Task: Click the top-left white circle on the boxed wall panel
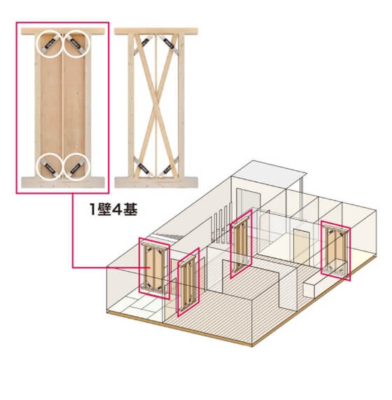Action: (36, 44)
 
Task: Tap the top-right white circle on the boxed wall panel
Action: (89, 44)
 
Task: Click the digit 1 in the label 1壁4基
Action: (93, 209)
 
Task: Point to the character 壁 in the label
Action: (104, 209)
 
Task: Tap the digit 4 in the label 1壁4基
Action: (117, 209)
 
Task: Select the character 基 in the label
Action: (130, 209)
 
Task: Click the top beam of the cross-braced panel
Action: (156, 32)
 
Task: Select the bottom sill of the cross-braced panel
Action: (156, 182)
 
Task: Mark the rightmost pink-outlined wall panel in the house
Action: (335, 251)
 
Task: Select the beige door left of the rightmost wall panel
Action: (301, 245)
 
